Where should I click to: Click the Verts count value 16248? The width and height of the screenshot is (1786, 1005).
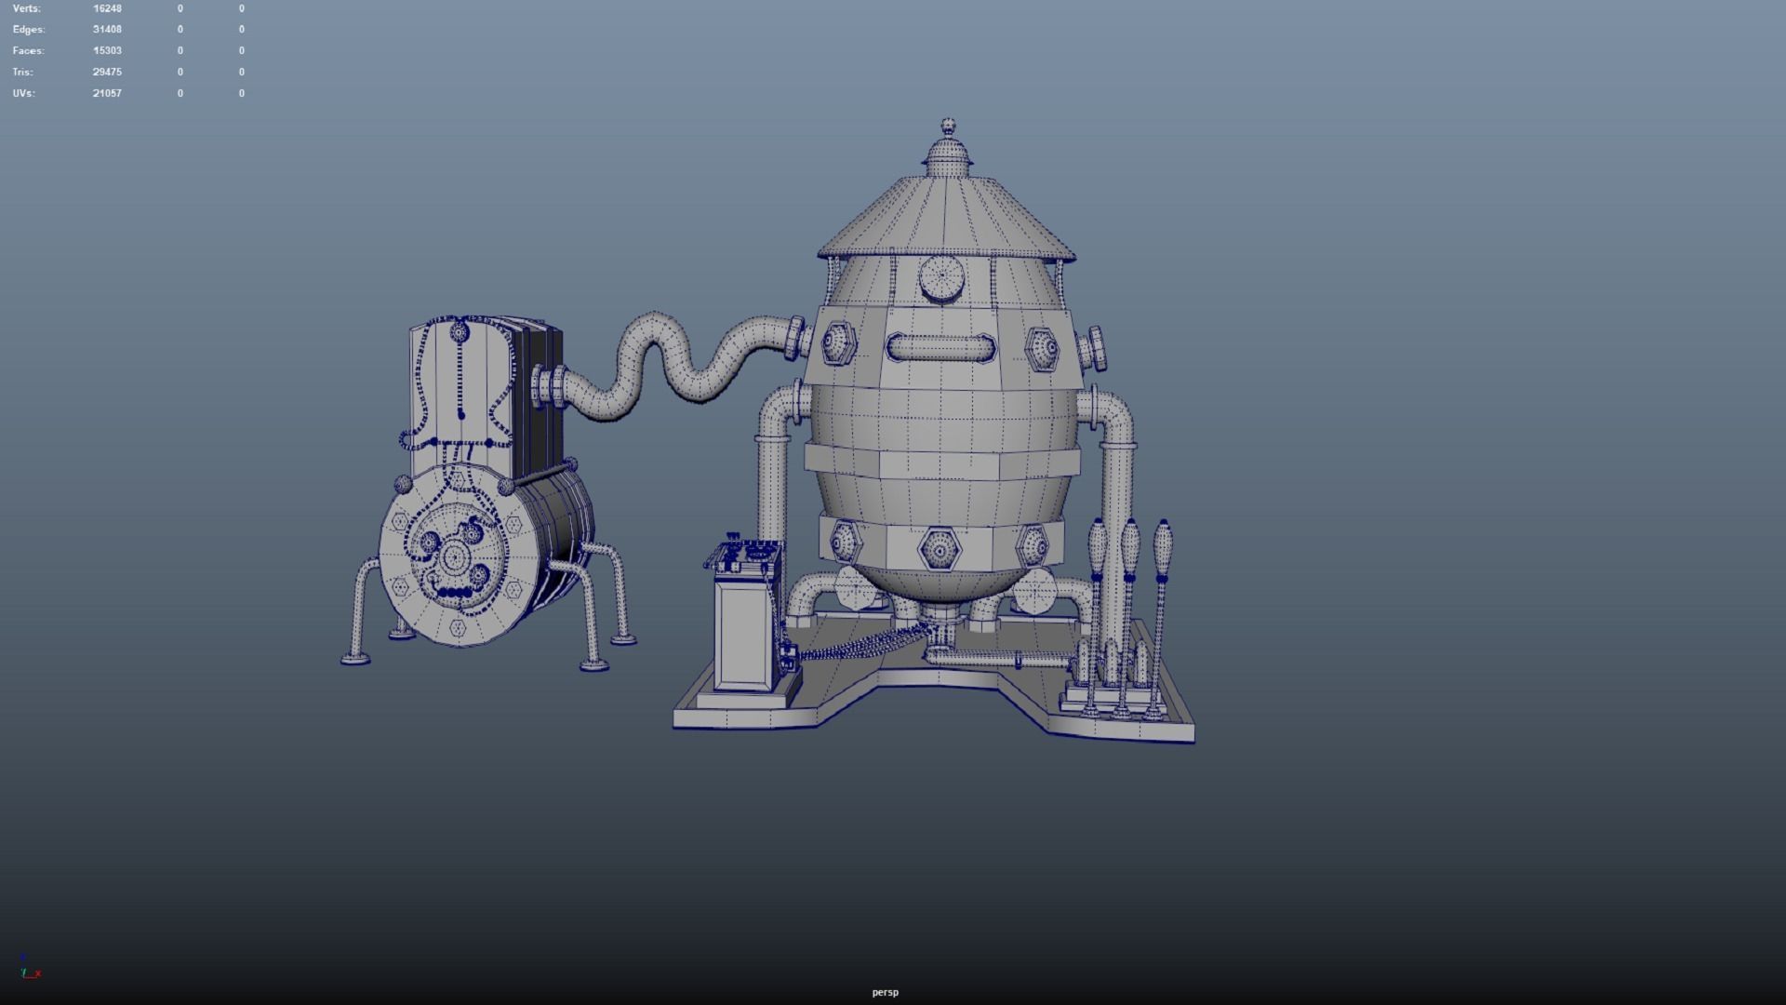click(x=107, y=8)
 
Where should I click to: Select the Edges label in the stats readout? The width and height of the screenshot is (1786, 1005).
click(x=28, y=30)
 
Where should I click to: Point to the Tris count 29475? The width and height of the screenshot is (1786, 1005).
click(x=107, y=72)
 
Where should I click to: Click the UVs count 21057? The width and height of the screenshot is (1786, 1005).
click(x=107, y=93)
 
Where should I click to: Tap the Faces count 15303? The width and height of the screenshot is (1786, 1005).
click(x=107, y=50)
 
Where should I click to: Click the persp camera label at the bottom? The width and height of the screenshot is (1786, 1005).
click(x=885, y=992)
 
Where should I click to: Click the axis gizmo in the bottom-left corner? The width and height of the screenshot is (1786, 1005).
click(x=29, y=969)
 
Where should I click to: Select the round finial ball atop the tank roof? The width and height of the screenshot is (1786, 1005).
click(x=948, y=125)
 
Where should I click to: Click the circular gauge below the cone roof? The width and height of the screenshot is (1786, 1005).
click(x=941, y=277)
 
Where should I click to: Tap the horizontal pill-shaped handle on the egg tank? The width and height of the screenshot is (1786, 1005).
click(x=940, y=348)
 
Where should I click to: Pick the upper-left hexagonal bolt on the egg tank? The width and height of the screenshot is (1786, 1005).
click(x=837, y=344)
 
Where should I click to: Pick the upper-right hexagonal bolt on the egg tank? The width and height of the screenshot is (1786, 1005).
click(x=1043, y=349)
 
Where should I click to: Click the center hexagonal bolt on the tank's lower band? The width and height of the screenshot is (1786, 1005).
click(x=940, y=550)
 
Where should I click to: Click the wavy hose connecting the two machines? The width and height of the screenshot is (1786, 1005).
click(x=670, y=358)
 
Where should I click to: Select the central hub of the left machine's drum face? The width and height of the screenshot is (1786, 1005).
click(x=455, y=557)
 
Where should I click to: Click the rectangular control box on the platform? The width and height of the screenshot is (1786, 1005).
click(x=746, y=633)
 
